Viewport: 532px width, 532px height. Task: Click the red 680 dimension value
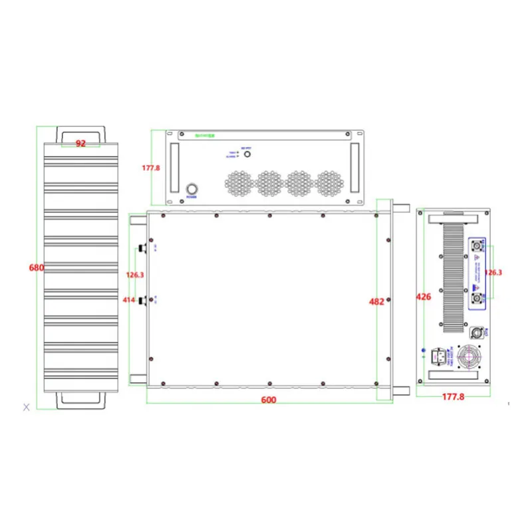[37, 268]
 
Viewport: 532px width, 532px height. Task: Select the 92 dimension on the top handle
[80, 143]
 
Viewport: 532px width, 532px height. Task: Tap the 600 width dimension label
[268, 400]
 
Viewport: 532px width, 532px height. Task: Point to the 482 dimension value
[376, 301]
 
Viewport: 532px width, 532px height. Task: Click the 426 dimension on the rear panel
[424, 297]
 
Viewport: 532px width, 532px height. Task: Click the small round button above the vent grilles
[247, 154]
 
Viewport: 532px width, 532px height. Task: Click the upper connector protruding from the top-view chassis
[141, 249]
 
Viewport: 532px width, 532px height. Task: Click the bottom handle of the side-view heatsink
[80, 401]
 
